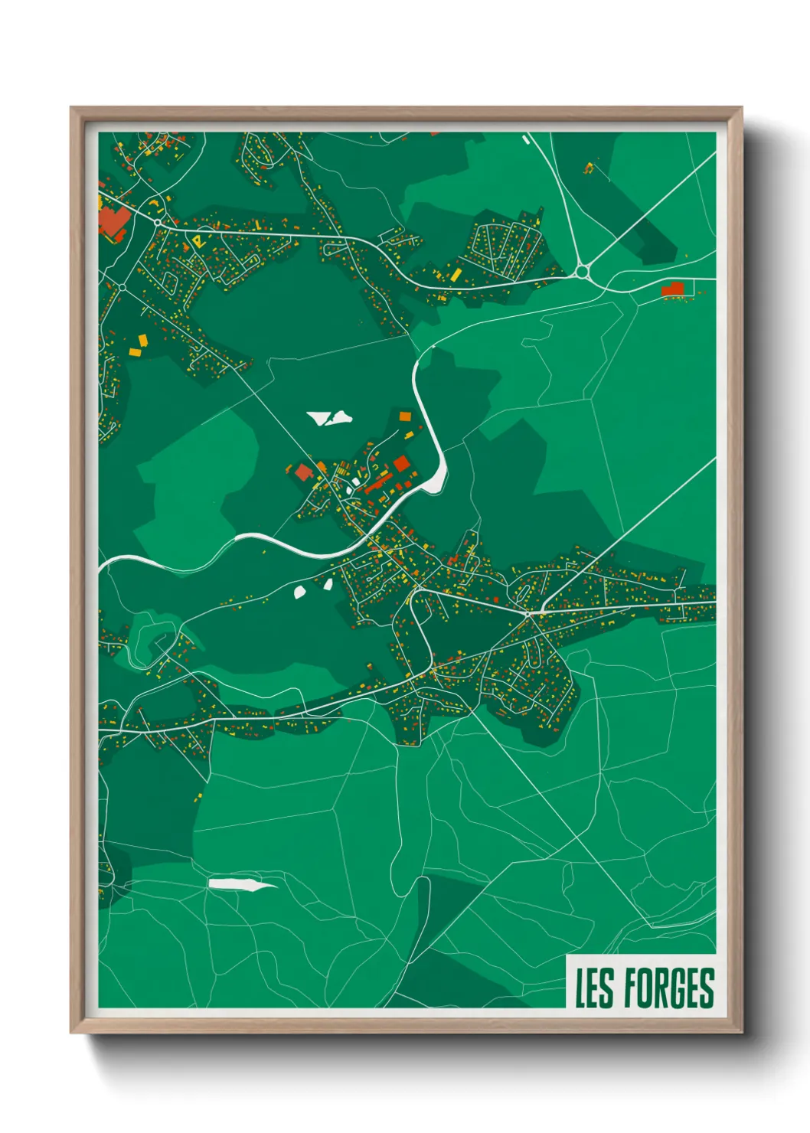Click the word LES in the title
click(595, 988)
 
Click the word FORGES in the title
click(668, 988)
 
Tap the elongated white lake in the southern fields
click(239, 884)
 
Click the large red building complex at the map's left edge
click(112, 220)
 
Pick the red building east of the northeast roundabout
click(672, 289)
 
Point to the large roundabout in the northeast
click(582, 271)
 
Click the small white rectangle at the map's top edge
click(525, 139)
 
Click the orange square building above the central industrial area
click(405, 417)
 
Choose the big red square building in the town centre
click(401, 462)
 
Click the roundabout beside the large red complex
click(157, 223)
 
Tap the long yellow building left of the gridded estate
click(456, 274)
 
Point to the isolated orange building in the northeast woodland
click(589, 167)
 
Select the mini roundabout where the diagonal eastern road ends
click(527, 613)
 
